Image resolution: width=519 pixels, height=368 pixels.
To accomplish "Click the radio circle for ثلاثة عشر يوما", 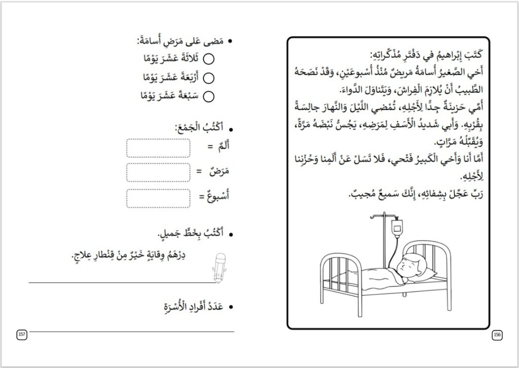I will tap(208, 59).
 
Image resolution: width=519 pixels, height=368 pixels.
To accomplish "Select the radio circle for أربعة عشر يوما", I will tap(208, 78).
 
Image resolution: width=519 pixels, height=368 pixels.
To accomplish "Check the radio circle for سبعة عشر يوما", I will tap(208, 95).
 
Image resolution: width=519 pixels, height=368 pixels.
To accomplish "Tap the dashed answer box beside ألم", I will tap(158, 148).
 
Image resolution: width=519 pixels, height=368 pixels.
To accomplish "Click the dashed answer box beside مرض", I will tap(158, 172).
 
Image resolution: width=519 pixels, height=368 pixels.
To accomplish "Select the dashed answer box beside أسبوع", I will tap(158, 198).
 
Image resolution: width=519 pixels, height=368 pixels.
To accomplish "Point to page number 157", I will tap(22, 334).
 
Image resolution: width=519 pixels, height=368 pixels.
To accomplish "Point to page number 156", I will tap(497, 334).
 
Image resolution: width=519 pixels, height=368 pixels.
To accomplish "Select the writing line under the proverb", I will tap(122, 281).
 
